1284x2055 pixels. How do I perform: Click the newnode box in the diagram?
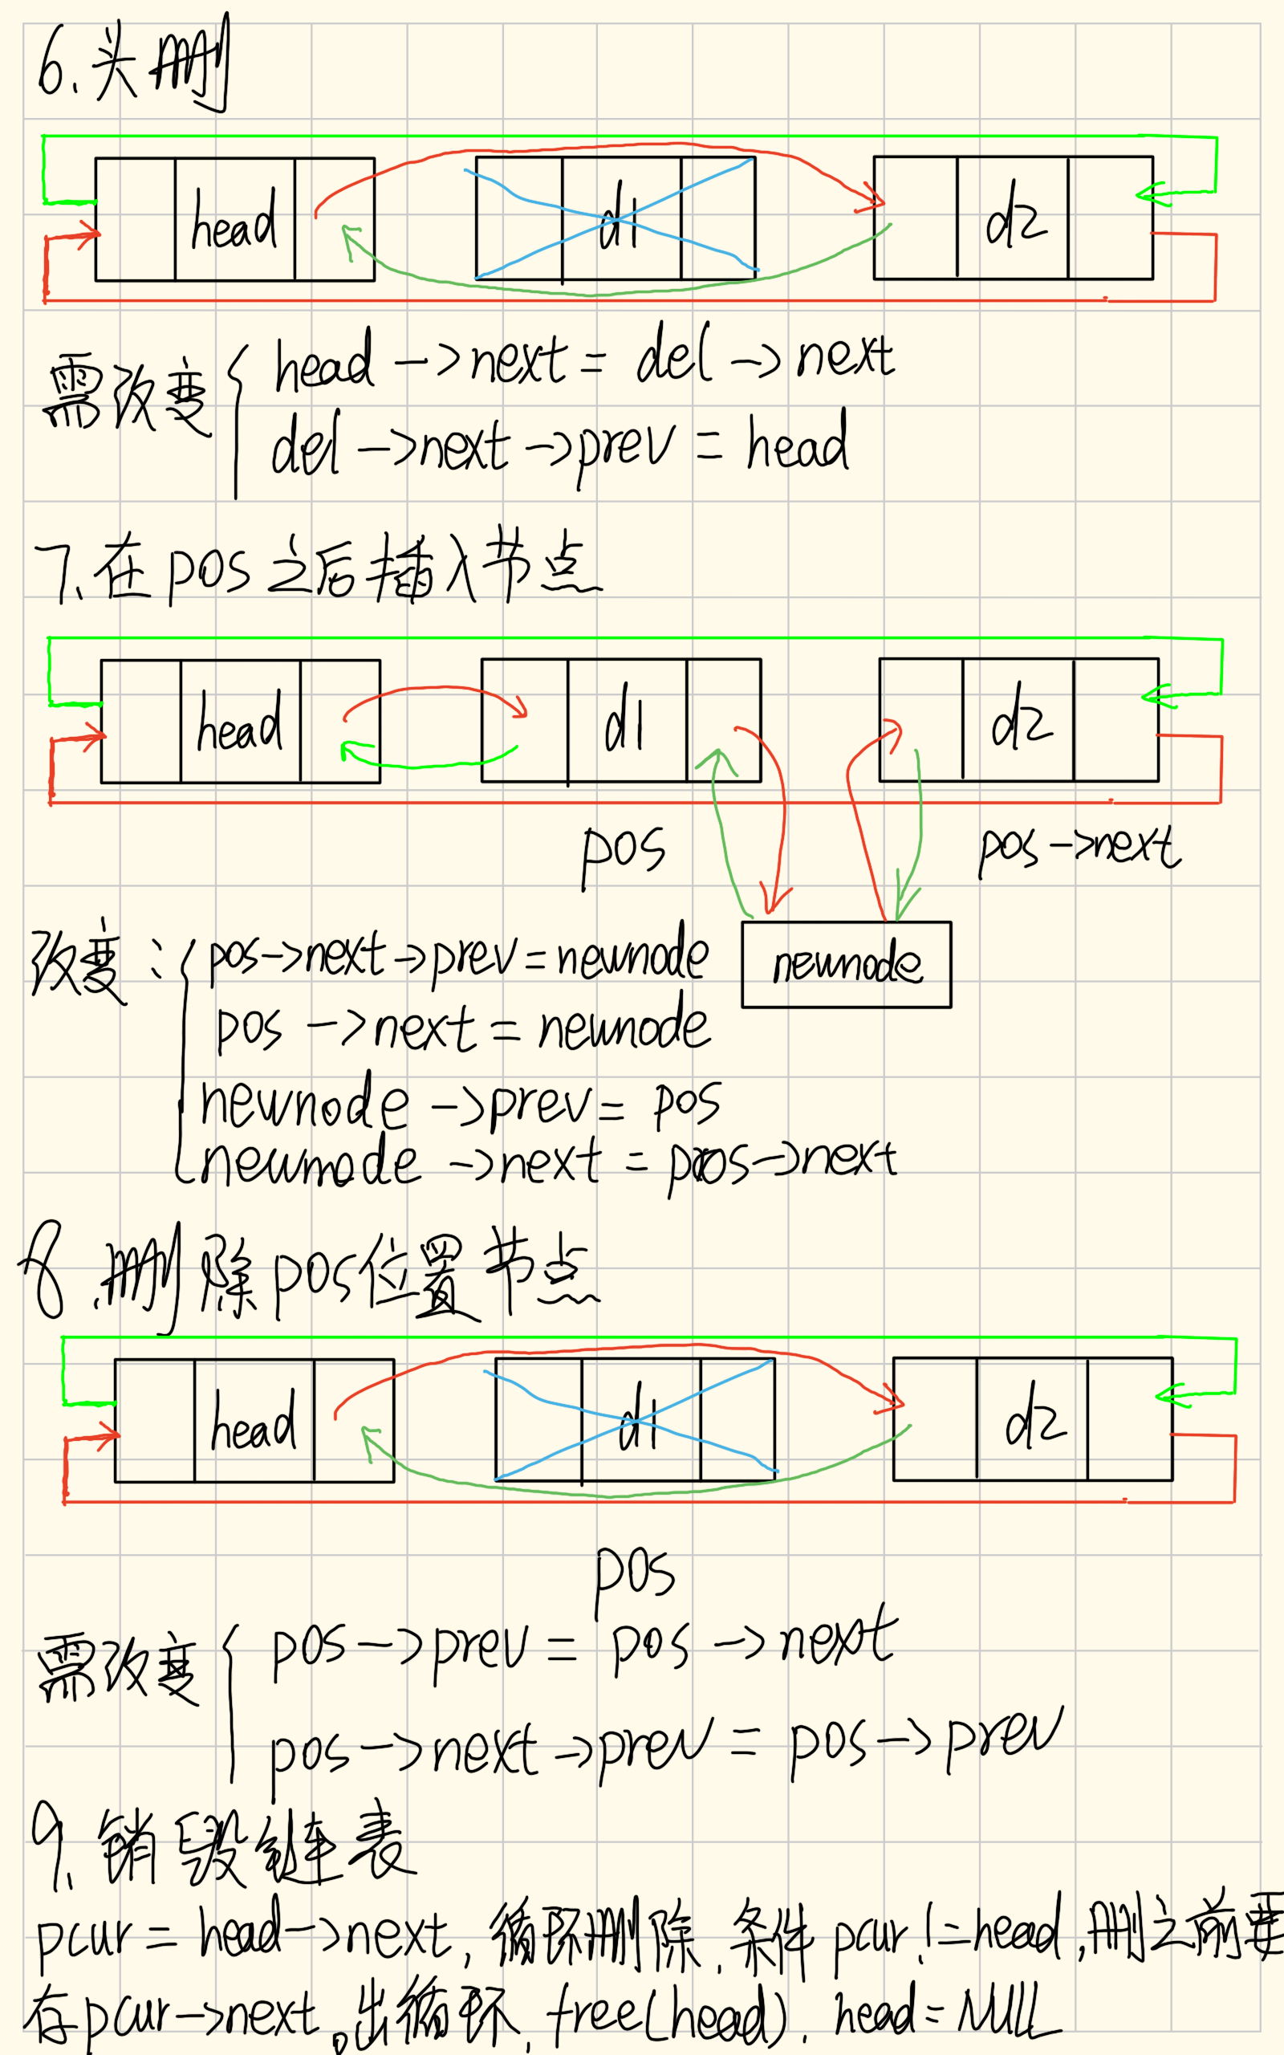point(846,965)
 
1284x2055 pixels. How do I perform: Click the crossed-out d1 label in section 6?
point(618,218)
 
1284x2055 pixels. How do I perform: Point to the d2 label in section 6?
point(1015,218)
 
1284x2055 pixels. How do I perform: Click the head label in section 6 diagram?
point(234,221)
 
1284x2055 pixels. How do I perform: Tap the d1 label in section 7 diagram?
point(624,720)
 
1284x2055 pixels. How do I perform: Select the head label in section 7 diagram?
point(239,723)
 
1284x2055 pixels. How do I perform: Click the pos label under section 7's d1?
point(623,853)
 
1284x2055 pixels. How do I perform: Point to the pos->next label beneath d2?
point(1079,849)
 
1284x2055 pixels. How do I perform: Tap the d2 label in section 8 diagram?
point(1034,1418)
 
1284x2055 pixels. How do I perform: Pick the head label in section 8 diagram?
point(253,1423)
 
